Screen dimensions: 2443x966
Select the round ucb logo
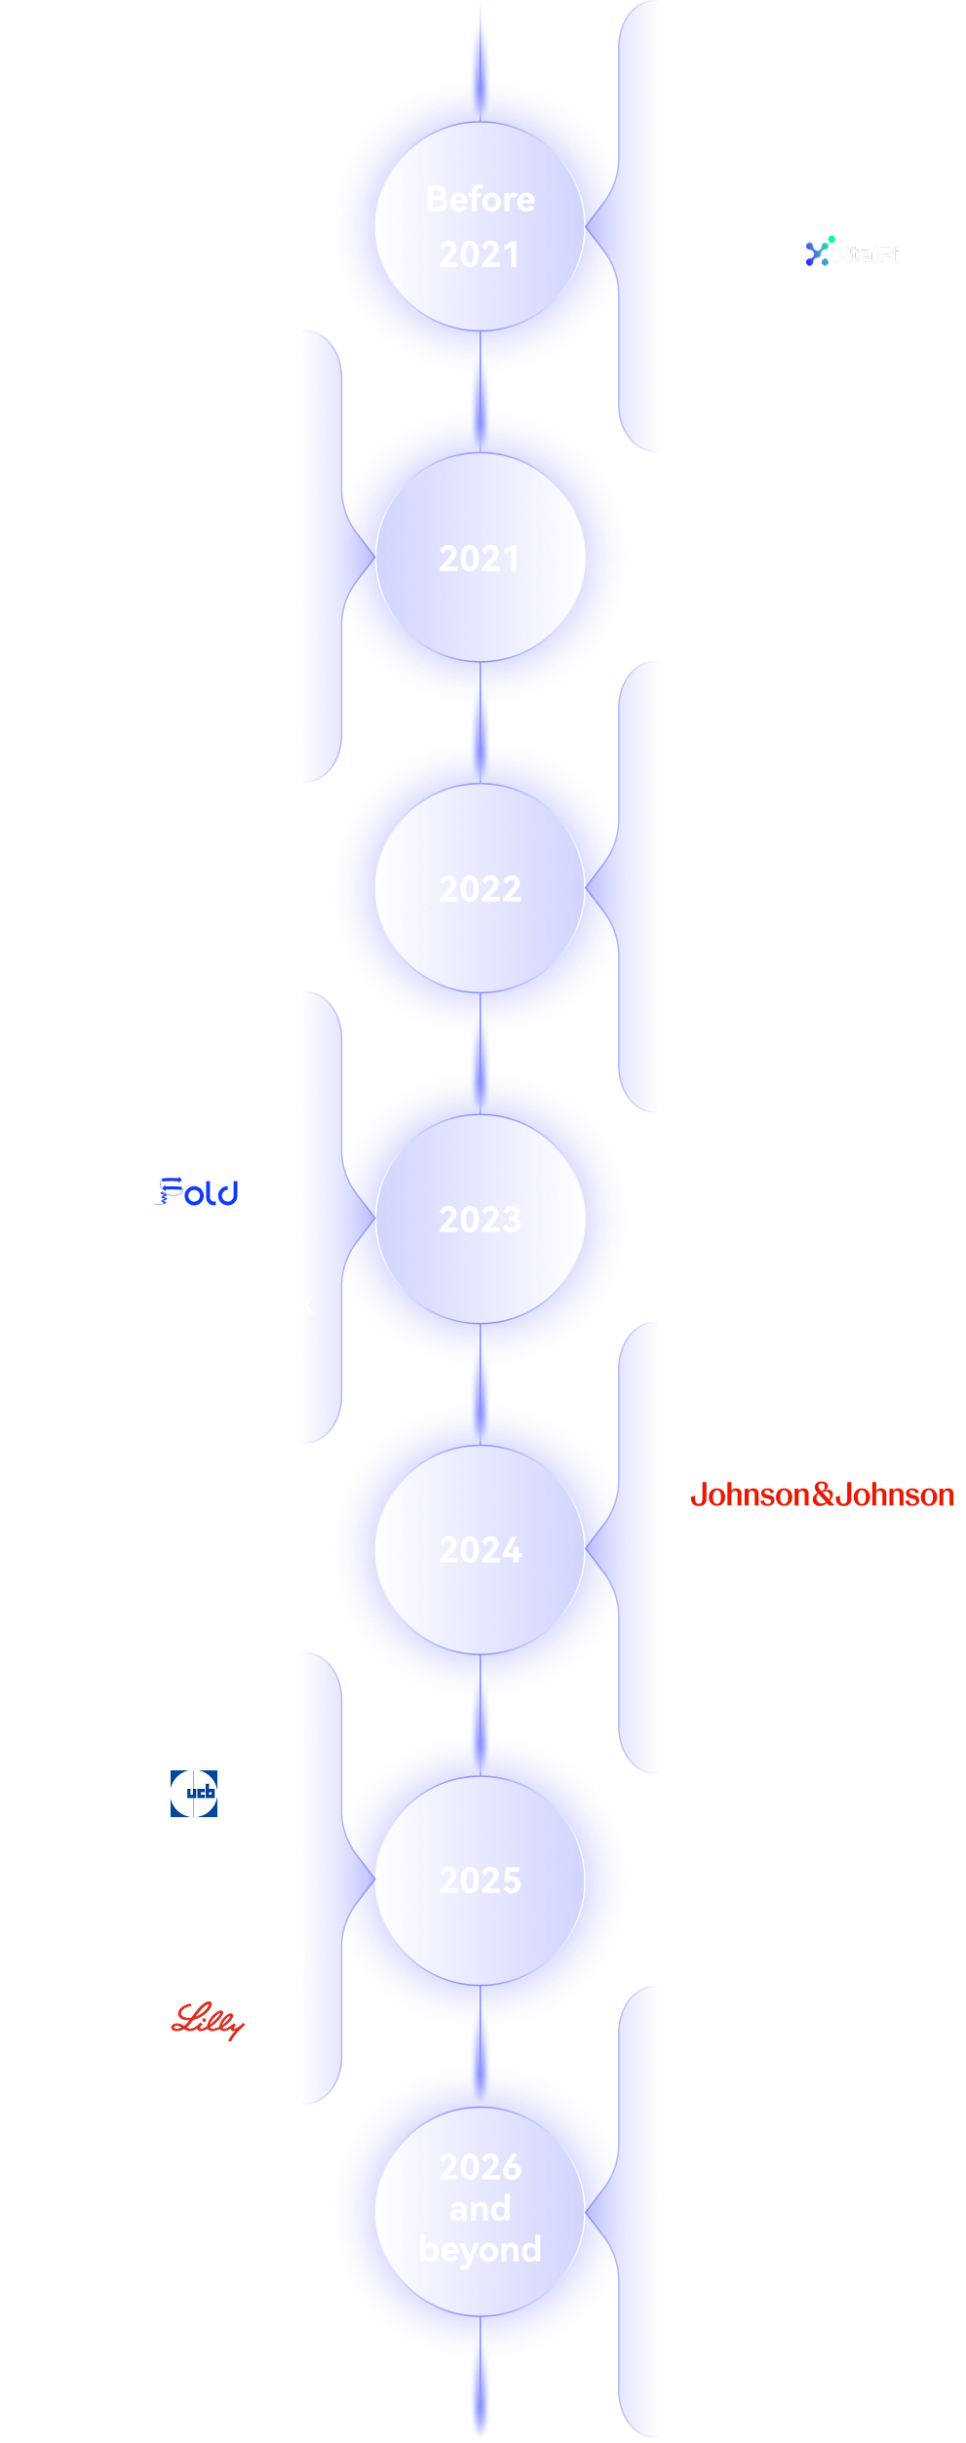tap(194, 1792)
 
